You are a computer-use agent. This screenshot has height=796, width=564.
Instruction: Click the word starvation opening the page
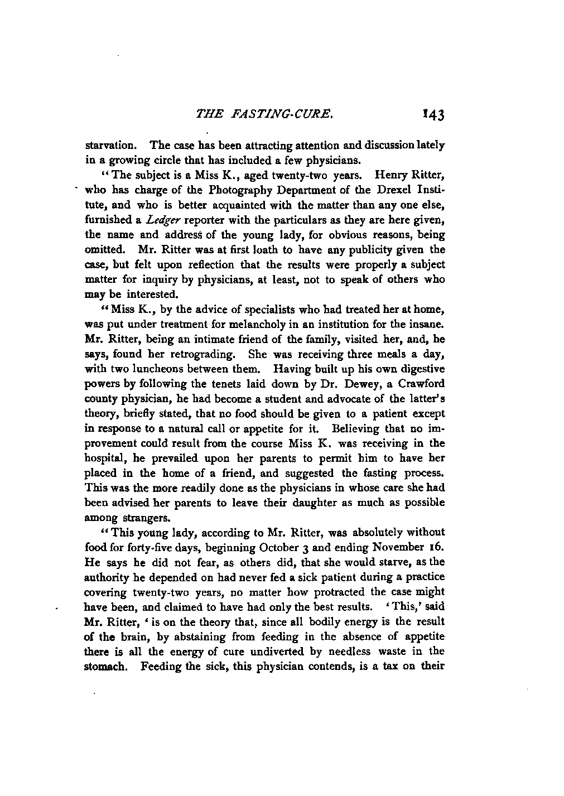[x=107, y=146]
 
